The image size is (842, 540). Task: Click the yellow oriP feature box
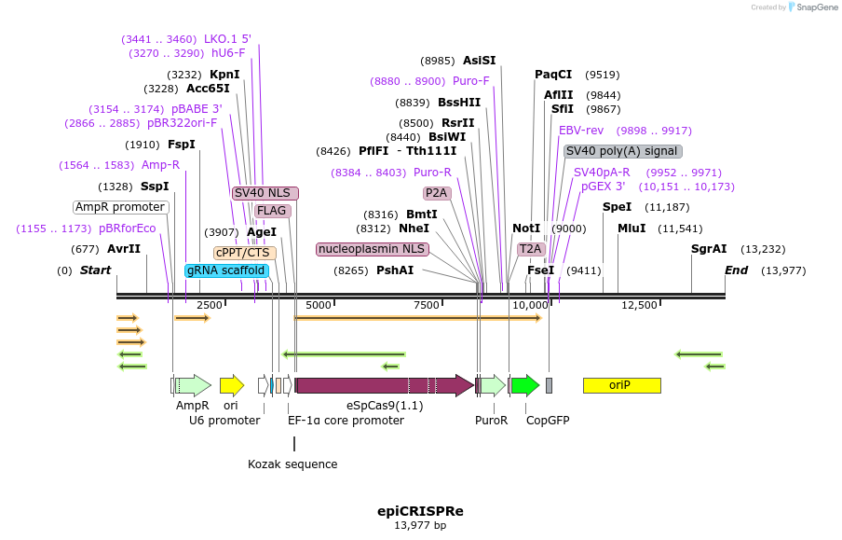tap(621, 385)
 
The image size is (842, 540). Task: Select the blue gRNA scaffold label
tap(227, 270)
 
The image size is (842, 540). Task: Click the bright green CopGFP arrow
tap(524, 385)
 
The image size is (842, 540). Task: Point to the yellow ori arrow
tap(231, 385)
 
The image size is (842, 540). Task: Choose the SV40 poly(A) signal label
tap(622, 151)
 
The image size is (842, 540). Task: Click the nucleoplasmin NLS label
tap(372, 249)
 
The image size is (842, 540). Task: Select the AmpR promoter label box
tap(121, 207)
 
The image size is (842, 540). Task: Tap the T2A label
tap(531, 249)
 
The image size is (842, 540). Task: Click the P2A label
tap(437, 193)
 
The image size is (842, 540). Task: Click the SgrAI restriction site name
tap(709, 249)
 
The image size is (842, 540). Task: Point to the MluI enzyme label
tap(631, 228)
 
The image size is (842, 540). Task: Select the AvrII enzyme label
tap(124, 249)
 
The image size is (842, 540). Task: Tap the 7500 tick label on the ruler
tap(426, 305)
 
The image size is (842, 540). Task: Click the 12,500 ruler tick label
tap(640, 305)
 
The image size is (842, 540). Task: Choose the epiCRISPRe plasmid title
tap(420, 511)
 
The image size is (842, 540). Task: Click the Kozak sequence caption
tap(292, 464)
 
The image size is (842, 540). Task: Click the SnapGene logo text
tap(817, 7)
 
